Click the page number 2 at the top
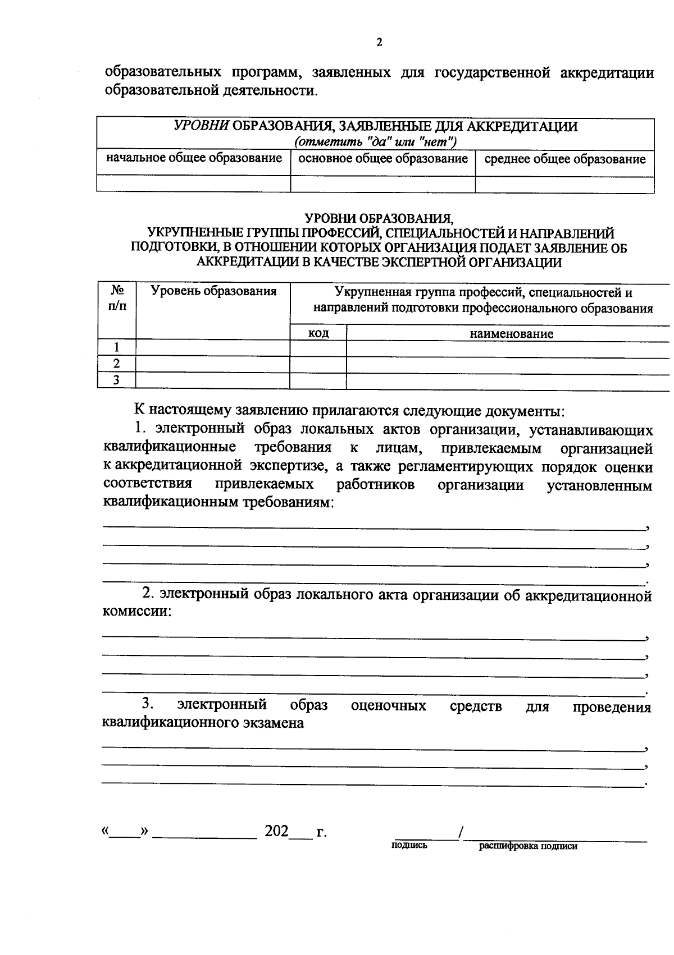pyautogui.click(x=379, y=43)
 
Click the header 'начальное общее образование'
pyautogui.click(x=194, y=158)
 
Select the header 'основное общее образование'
pyautogui.click(x=382, y=159)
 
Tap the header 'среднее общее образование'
pyautogui.click(x=564, y=159)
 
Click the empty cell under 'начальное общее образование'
pyautogui.click(x=194, y=183)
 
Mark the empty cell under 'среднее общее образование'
pyautogui.click(x=564, y=185)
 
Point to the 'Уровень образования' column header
pyautogui.click(x=213, y=291)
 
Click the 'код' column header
pyautogui.click(x=318, y=333)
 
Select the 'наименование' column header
pyautogui.click(x=511, y=334)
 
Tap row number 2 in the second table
pyautogui.click(x=116, y=364)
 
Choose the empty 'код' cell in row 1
pyautogui.click(x=318, y=348)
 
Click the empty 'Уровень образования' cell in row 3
pyautogui.click(x=213, y=380)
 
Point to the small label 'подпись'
pyautogui.click(x=409, y=845)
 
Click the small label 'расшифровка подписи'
pyautogui.click(x=527, y=846)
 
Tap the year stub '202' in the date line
pyautogui.click(x=276, y=831)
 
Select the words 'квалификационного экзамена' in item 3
pyautogui.click(x=203, y=723)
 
